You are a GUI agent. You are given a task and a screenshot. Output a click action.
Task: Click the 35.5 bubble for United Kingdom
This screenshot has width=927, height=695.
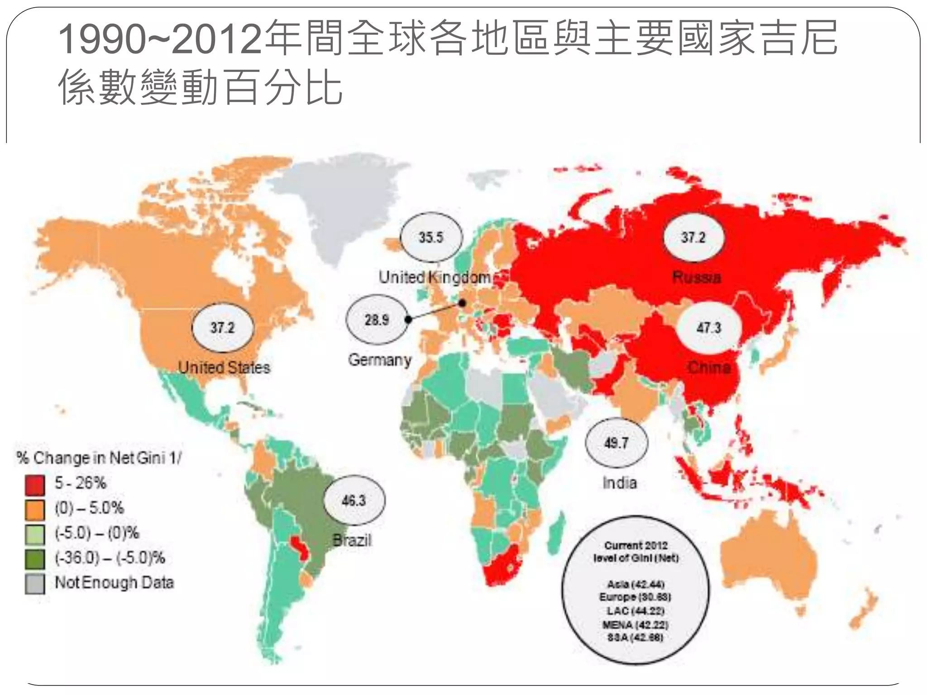tap(431, 238)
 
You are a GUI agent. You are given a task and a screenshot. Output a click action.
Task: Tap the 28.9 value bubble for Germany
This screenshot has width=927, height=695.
tap(377, 320)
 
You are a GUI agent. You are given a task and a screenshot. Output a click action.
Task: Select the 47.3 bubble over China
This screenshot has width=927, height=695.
tap(708, 328)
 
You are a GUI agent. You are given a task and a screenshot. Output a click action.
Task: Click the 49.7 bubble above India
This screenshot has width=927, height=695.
tap(616, 443)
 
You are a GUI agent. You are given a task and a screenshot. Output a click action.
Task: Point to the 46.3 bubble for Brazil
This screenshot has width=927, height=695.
tap(354, 500)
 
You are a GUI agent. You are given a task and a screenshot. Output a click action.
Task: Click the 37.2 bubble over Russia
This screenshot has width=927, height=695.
tap(693, 238)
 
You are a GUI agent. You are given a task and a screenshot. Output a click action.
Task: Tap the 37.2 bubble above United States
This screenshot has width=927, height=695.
tap(222, 328)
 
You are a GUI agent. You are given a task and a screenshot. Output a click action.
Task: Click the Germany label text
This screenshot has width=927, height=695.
tap(379, 360)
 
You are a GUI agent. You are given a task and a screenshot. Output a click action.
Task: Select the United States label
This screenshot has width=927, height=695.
tap(224, 367)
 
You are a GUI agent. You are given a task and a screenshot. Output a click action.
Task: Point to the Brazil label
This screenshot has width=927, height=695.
tap(352, 540)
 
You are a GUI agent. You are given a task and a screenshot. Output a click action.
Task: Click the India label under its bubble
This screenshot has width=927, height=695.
tap(619, 483)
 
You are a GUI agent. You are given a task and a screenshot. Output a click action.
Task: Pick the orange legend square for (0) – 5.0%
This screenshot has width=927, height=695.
tap(35, 510)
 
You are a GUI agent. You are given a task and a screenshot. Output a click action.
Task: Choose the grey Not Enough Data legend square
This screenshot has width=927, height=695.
tap(35, 584)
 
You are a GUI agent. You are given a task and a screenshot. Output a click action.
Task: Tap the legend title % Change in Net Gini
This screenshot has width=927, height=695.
tap(99, 458)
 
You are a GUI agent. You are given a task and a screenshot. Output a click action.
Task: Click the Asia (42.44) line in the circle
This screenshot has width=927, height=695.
tap(636, 584)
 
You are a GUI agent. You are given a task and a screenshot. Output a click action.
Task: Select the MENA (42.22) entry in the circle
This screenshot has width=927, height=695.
tap(636, 625)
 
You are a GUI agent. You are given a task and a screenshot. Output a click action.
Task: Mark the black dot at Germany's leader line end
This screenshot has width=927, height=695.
tap(462, 303)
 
